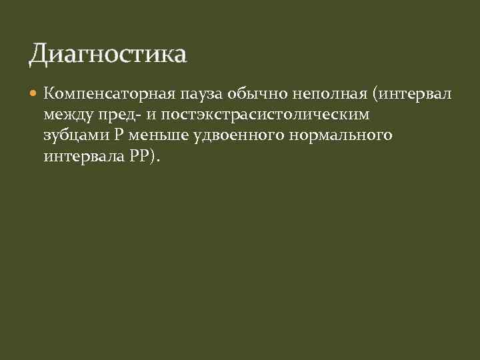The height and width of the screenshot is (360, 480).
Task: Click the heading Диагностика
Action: point(107,54)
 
